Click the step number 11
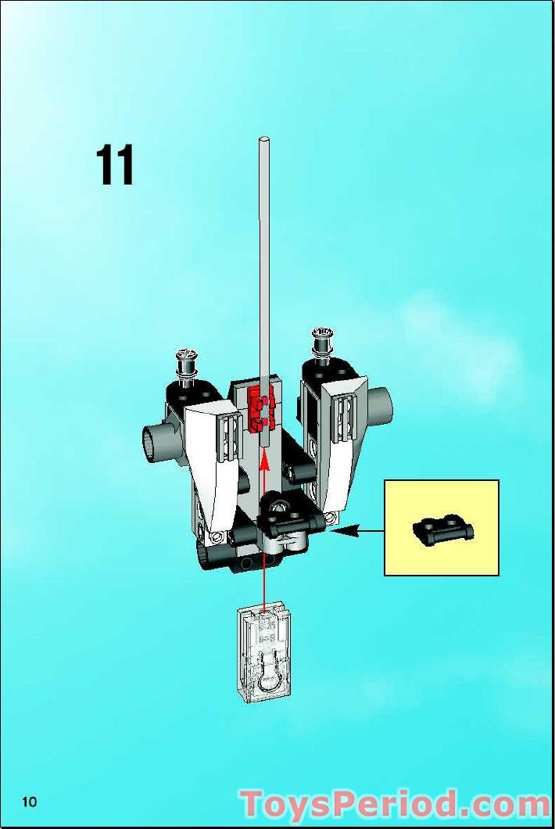coord(115,165)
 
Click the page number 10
coord(30,802)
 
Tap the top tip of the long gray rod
coord(263,138)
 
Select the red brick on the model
coord(261,409)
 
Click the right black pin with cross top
coord(322,342)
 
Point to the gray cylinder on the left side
coord(158,441)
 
